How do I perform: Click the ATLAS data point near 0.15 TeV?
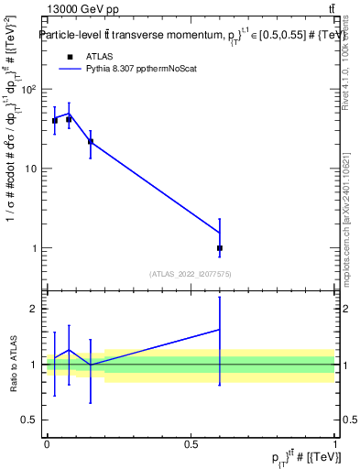90,141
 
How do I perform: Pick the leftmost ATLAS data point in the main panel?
55,120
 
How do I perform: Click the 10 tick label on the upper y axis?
30,169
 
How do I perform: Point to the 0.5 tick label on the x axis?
191,444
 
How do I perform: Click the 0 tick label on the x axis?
47,444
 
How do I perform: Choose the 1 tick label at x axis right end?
335,444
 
